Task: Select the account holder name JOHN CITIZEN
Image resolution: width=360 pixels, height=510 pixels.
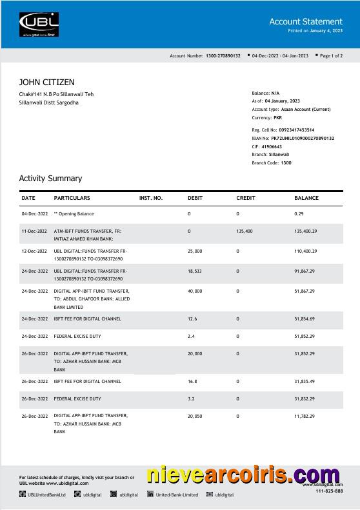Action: (46, 83)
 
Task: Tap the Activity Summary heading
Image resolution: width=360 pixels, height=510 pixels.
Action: (50, 179)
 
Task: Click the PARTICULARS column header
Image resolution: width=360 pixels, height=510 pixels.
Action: (72, 198)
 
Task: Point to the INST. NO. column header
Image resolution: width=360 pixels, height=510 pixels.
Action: (151, 198)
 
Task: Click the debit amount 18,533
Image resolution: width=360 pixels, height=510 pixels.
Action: (195, 271)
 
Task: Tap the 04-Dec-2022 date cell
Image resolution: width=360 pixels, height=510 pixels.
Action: (34, 213)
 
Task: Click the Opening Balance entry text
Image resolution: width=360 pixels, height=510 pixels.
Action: (75, 213)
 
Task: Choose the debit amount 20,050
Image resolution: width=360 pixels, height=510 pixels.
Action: (195, 417)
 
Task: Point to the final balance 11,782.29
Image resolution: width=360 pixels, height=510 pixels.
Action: (305, 417)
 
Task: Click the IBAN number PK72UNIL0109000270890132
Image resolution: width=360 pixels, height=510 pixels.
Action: (302, 139)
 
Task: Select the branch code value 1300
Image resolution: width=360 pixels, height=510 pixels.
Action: (286, 163)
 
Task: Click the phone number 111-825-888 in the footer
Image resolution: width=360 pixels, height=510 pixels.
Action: (329, 492)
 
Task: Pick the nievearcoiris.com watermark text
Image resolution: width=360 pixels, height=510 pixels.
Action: (244, 476)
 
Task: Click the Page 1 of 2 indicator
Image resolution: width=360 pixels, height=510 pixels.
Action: (332, 56)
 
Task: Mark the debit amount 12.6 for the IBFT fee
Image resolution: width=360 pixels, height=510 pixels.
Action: (192, 319)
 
